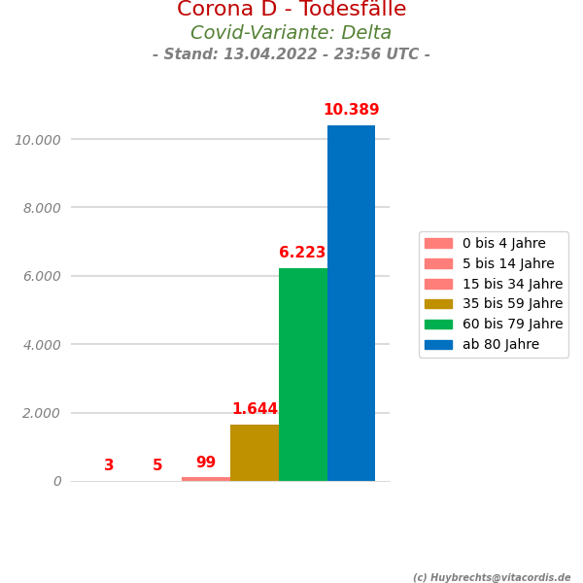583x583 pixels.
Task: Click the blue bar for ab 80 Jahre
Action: coord(351,303)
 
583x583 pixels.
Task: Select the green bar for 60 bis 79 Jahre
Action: coord(303,374)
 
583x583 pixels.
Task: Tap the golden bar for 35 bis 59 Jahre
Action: coord(255,453)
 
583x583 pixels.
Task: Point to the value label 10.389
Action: coord(351,110)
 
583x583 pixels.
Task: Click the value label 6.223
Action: coord(302,253)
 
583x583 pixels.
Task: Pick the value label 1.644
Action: coord(255,409)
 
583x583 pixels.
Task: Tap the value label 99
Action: coord(206,463)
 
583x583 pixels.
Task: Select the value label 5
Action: coord(157,465)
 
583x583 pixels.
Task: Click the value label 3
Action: coord(109,465)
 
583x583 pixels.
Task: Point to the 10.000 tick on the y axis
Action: coord(37,140)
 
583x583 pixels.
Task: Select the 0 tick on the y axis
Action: coord(57,481)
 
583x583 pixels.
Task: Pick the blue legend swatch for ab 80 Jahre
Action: coord(438,344)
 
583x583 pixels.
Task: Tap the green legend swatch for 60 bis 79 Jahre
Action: coord(438,324)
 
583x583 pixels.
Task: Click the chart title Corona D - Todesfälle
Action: coord(291,10)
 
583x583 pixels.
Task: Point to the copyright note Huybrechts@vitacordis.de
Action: coord(492,577)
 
